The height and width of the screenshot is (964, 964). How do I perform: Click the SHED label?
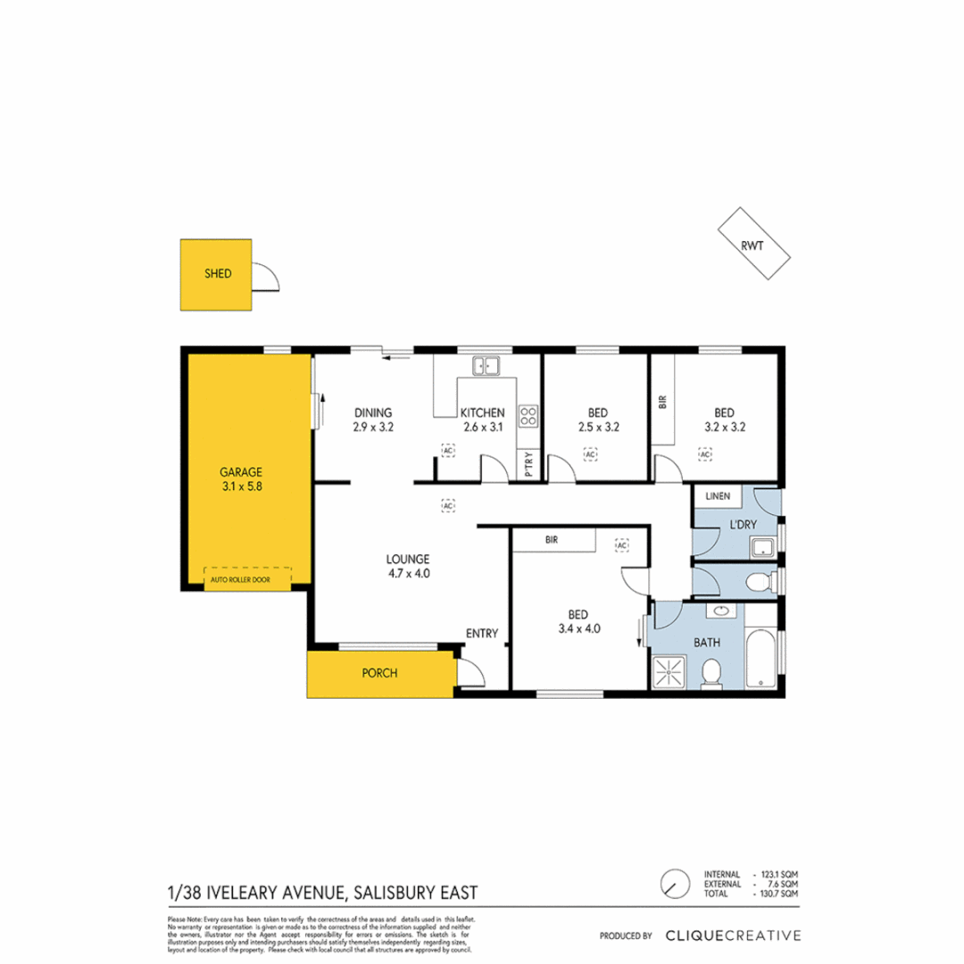click(x=217, y=274)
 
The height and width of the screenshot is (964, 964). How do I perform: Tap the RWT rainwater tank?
click(x=754, y=243)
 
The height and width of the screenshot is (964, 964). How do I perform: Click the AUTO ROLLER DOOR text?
click(x=248, y=580)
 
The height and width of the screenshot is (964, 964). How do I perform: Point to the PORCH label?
click(x=380, y=674)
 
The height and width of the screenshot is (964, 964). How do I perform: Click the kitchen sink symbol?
click(x=486, y=364)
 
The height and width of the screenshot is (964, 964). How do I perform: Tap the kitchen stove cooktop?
click(x=528, y=414)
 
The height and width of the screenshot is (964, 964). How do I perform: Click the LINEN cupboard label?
click(x=718, y=495)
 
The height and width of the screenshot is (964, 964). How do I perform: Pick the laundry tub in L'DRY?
click(x=764, y=547)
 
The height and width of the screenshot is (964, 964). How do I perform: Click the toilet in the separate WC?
click(x=760, y=583)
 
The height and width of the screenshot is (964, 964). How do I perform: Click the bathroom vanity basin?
click(x=722, y=611)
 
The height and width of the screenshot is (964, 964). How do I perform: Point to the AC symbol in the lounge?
click(x=447, y=505)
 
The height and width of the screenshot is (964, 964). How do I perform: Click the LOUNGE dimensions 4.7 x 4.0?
click(x=408, y=574)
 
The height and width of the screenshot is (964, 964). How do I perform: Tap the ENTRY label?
click(x=481, y=634)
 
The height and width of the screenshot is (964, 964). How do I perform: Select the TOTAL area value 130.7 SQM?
click(x=777, y=893)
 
